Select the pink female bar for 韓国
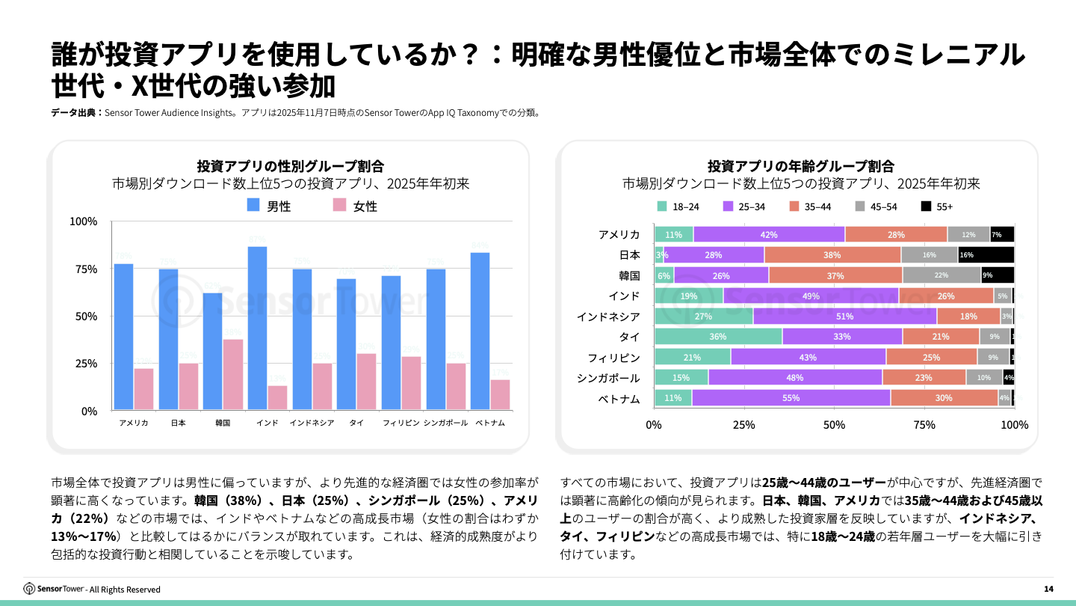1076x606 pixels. pyautogui.click(x=233, y=374)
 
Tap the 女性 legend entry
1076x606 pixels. pyautogui.click(x=355, y=206)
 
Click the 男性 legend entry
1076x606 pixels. pyautogui.click(x=269, y=206)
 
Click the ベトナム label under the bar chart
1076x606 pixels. pyautogui.click(x=490, y=423)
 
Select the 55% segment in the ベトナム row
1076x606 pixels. pyautogui.click(x=791, y=398)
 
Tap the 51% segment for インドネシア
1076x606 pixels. pyautogui.click(x=844, y=316)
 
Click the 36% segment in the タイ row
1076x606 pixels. pyautogui.click(x=717, y=337)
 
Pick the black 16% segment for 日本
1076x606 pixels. pyautogui.click(x=986, y=255)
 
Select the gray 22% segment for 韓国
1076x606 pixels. pyautogui.click(x=941, y=275)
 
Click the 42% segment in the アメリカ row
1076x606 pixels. pyautogui.click(x=768, y=235)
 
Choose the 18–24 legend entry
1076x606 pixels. pyautogui.click(x=678, y=206)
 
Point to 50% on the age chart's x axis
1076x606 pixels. pyautogui.click(x=834, y=425)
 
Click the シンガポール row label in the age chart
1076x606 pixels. pyautogui.click(x=608, y=378)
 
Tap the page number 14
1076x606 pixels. pyautogui.click(x=1048, y=590)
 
